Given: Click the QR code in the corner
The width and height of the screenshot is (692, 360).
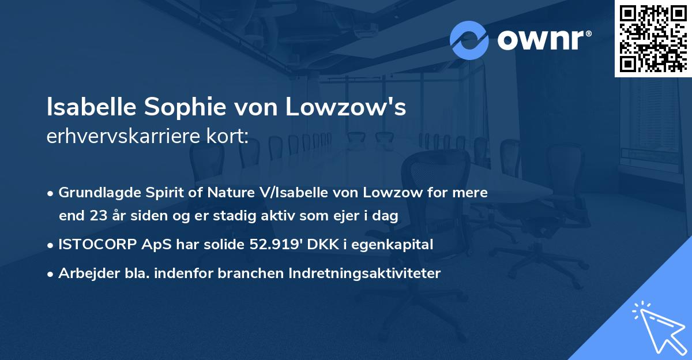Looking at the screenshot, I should click(x=653, y=38).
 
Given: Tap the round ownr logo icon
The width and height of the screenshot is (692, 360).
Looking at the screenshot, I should click(x=469, y=40).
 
